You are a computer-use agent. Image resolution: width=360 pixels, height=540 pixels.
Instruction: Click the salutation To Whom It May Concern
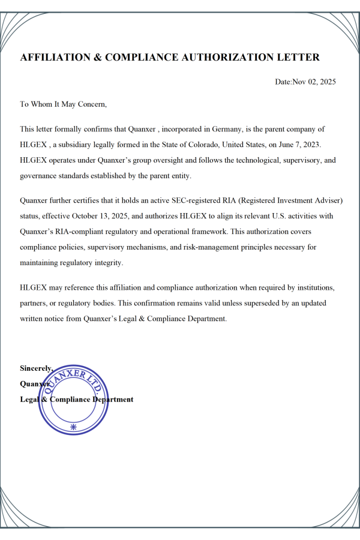tap(63, 104)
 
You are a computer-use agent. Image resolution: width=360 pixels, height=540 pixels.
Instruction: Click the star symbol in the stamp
tap(74, 427)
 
